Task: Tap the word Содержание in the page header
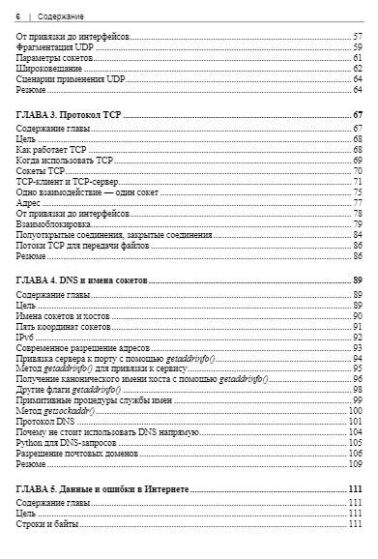click(x=61, y=16)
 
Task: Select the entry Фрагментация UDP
click(x=56, y=47)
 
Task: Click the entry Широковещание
click(x=49, y=69)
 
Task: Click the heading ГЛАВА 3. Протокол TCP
click(x=69, y=115)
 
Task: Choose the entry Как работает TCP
click(x=52, y=150)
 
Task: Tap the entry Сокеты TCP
click(x=42, y=171)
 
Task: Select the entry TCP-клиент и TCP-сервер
click(x=66, y=182)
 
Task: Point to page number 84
click(x=357, y=235)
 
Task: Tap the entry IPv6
click(x=26, y=338)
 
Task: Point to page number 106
click(x=356, y=454)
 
